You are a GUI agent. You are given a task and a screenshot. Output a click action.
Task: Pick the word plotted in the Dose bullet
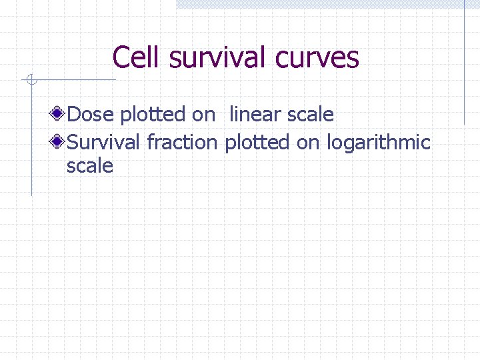(x=154, y=115)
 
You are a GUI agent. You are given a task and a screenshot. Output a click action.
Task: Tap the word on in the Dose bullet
(x=203, y=115)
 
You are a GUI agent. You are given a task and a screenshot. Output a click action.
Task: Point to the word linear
(x=255, y=115)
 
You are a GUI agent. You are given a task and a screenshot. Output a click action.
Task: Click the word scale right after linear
(x=311, y=115)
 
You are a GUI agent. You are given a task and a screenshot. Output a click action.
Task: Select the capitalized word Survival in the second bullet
(x=104, y=142)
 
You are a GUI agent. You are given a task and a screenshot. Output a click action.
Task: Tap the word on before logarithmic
(x=308, y=142)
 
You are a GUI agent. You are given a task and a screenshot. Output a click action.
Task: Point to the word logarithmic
(x=379, y=142)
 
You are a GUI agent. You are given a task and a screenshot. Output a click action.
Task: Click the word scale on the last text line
(x=90, y=166)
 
